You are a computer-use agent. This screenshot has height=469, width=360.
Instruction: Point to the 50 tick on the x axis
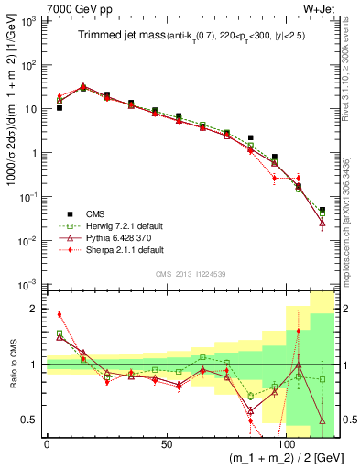[x=166, y=444]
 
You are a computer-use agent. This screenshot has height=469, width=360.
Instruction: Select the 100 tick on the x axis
[x=285, y=444]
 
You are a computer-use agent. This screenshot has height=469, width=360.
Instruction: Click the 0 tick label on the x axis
[x=47, y=444]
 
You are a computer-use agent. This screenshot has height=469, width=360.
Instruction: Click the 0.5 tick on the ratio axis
[x=31, y=420]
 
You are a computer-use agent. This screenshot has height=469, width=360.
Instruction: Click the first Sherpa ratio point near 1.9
[x=60, y=314]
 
